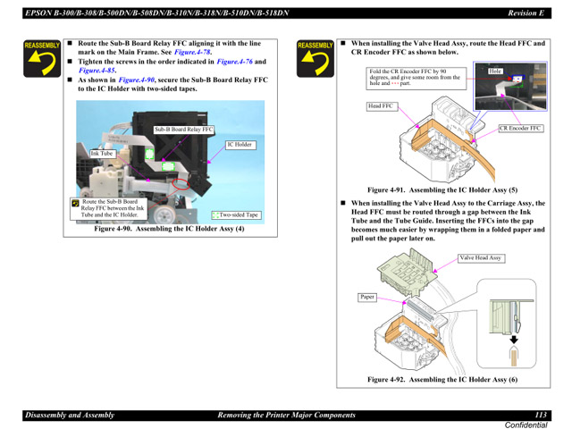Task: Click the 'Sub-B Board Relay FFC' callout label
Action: (183, 130)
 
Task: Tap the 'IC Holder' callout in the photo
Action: (240, 145)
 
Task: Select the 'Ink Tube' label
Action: (102, 153)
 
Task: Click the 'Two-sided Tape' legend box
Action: (236, 215)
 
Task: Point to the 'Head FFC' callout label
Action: (381, 106)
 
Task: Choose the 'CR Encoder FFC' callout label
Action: (521, 129)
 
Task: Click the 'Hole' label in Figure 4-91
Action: (496, 70)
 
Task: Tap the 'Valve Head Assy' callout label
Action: (481, 258)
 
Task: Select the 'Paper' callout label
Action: (367, 297)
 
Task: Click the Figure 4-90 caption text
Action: (169, 229)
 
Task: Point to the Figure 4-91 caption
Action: (442, 189)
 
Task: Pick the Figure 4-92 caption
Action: (442, 380)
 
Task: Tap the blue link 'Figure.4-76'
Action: (235, 61)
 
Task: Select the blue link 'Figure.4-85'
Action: (97, 70)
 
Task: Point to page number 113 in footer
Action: (541, 414)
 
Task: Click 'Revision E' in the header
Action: (526, 12)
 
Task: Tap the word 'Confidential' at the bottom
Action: (527, 424)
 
